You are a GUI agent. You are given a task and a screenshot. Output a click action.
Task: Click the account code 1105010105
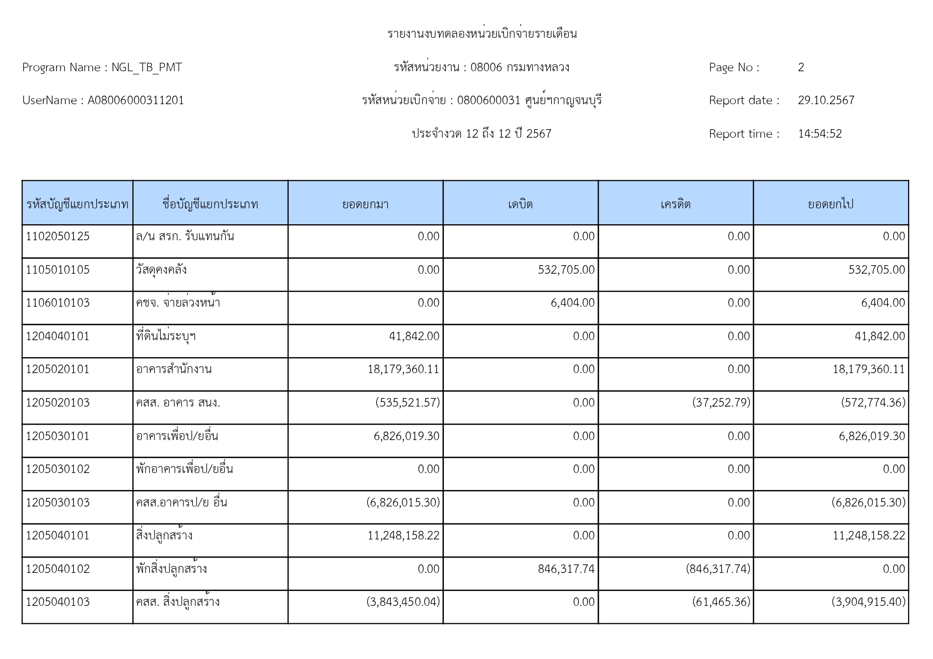coord(57,270)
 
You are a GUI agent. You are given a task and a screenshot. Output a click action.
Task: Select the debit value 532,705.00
coord(566,270)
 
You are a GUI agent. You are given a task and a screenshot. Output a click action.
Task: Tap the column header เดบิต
coord(520,204)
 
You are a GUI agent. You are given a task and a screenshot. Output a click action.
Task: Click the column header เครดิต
coord(675,204)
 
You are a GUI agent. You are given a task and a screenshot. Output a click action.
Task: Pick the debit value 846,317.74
coord(566,569)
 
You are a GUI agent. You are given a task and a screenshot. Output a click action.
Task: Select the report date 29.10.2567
coord(826,100)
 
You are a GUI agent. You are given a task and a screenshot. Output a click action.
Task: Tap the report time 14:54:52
coord(819,134)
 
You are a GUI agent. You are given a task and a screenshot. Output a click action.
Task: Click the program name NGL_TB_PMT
coord(146,67)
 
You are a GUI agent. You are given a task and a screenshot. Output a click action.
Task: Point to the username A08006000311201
coord(136,100)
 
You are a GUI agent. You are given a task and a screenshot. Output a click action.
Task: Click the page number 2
coord(801,67)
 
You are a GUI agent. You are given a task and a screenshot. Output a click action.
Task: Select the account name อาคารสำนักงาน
coord(174,369)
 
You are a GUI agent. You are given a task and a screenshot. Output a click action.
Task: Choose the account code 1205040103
coord(57,602)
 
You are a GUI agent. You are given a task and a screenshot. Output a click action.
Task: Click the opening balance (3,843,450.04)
coord(403,602)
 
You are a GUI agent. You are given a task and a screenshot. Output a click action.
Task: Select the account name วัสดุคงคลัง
coord(161,270)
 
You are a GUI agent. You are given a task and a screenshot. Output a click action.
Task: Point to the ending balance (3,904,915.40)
coord(868,602)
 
